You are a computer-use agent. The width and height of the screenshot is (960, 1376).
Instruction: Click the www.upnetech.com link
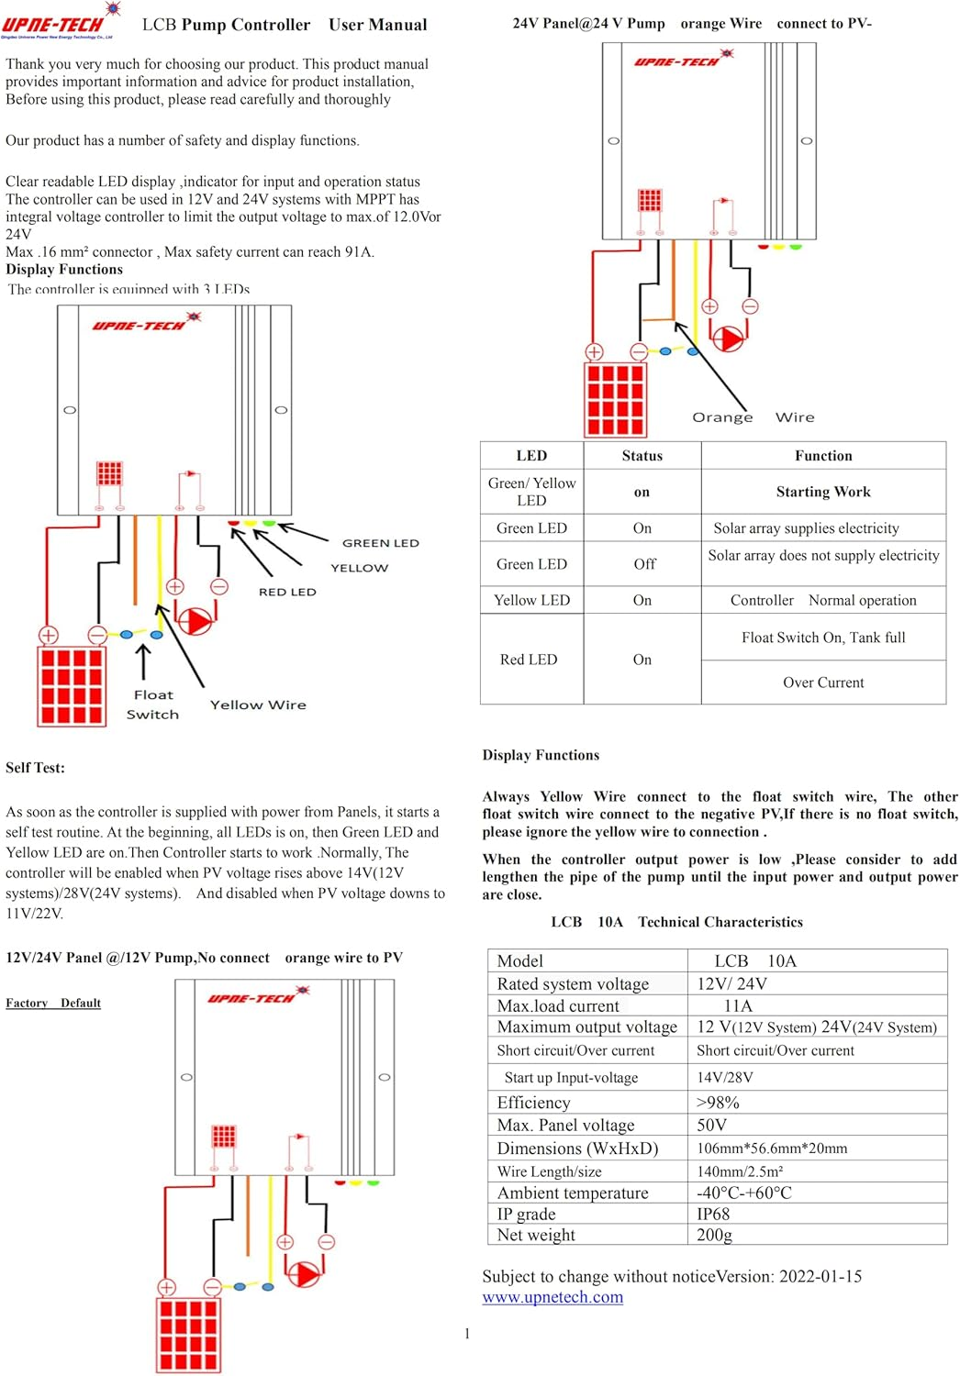click(x=553, y=1297)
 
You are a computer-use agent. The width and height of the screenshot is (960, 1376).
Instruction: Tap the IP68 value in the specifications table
click(x=713, y=1214)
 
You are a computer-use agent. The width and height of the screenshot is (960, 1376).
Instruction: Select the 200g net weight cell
click(x=714, y=1235)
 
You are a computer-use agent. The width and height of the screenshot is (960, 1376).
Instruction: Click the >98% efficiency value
click(x=718, y=1103)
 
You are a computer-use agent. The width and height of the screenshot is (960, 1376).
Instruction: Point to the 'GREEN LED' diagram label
click(x=380, y=543)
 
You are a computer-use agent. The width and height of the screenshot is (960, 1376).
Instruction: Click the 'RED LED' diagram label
click(x=287, y=592)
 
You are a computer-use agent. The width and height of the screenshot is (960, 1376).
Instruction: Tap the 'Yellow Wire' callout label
click(x=258, y=705)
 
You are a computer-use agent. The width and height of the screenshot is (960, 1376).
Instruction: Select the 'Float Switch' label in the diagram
click(x=153, y=705)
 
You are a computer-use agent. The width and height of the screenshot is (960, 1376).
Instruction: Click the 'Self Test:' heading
click(x=35, y=768)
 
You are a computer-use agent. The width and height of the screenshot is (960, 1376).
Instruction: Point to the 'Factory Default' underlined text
click(x=53, y=1003)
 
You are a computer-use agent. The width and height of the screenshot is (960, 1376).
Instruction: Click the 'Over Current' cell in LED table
click(x=823, y=682)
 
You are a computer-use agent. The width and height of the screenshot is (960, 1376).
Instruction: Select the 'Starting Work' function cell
click(x=823, y=492)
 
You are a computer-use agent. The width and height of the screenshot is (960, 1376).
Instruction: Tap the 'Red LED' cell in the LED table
click(x=529, y=660)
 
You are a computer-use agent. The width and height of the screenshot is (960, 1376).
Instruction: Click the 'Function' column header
click(x=823, y=456)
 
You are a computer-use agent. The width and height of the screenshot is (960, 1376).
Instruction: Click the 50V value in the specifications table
click(x=711, y=1125)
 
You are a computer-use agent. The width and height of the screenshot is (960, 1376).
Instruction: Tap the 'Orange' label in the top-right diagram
click(x=722, y=417)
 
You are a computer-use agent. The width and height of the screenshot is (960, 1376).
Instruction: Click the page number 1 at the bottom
click(x=467, y=1334)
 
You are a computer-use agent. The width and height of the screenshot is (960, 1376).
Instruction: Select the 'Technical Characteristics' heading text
click(x=720, y=922)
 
